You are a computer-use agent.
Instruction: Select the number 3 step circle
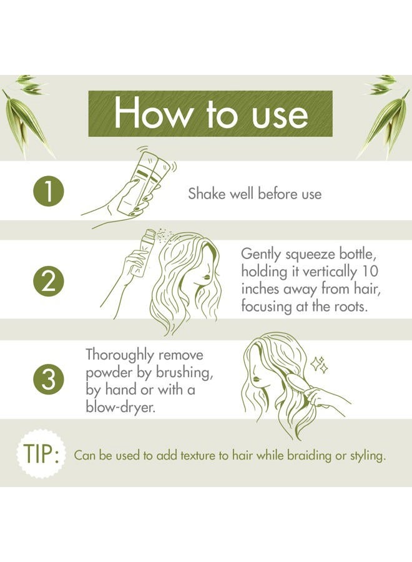pyautogui.click(x=49, y=379)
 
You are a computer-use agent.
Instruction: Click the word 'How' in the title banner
pyautogui.click(x=153, y=113)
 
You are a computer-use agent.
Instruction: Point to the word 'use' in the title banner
pyautogui.click(x=280, y=117)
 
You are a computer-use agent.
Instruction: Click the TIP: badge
pyautogui.click(x=41, y=454)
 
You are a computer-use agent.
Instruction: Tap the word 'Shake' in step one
pyautogui.click(x=207, y=194)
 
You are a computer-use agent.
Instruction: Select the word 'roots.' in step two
pyautogui.click(x=351, y=307)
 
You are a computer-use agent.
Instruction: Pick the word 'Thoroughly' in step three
pyautogui.click(x=120, y=355)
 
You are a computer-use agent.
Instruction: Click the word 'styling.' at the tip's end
pyautogui.click(x=367, y=456)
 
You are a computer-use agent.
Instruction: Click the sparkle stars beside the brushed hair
pyautogui.click(x=319, y=365)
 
